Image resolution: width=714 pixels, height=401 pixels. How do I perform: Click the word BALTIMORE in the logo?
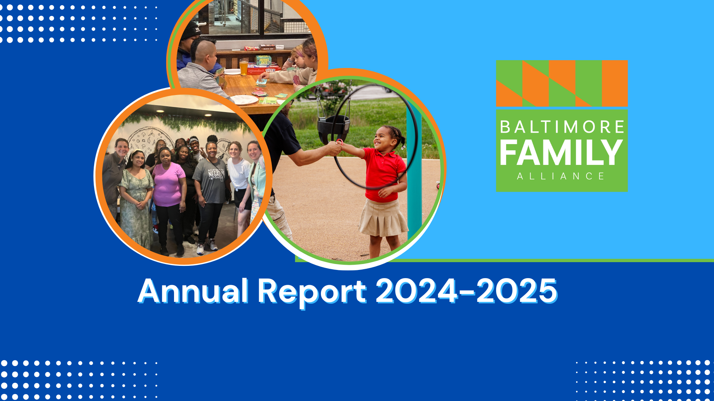tap(562, 127)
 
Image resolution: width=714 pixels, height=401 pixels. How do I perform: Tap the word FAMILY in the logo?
tap(561, 153)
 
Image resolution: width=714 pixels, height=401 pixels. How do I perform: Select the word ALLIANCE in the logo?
tap(561, 176)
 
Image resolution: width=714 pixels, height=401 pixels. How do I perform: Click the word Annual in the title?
tap(193, 291)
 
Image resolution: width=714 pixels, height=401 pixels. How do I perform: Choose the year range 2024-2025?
tap(466, 291)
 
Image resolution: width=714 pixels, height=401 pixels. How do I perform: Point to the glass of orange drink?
tap(244, 67)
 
